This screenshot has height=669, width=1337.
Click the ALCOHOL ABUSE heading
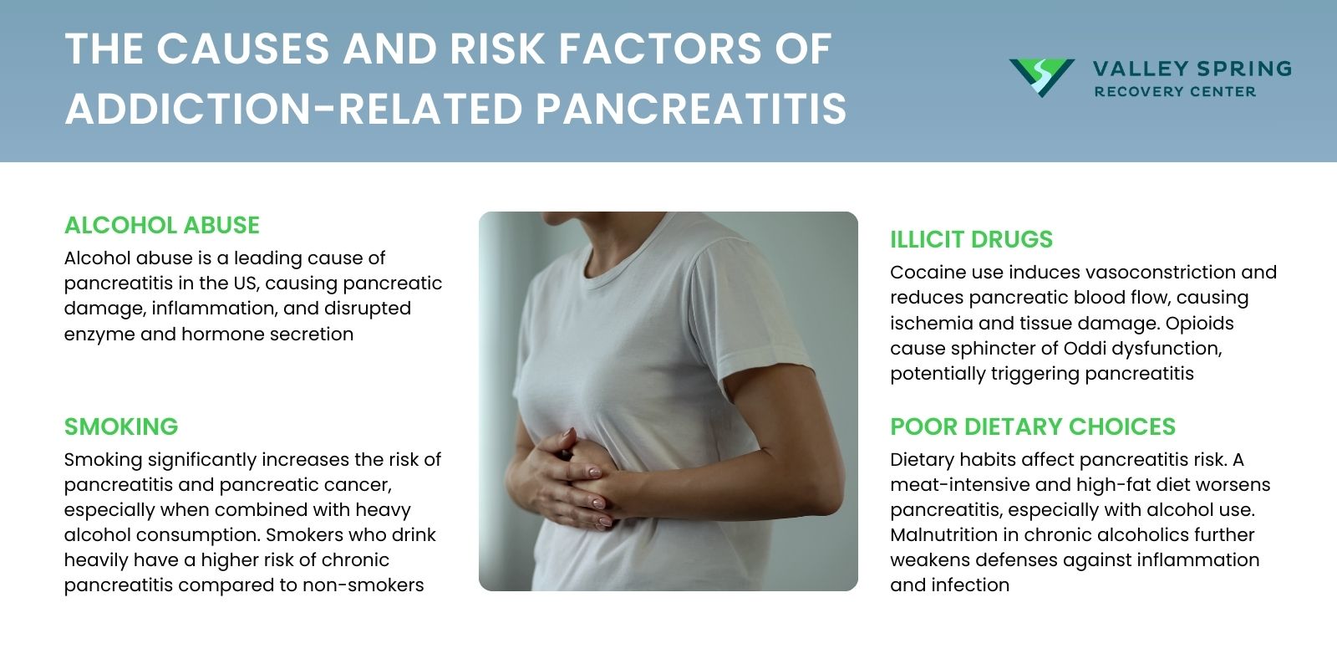(162, 225)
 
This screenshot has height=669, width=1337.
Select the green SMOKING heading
(121, 426)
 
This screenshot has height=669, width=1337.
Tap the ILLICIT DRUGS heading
(971, 239)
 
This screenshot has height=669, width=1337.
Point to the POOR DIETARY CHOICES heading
(1032, 426)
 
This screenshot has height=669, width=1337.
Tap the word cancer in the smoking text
(359, 485)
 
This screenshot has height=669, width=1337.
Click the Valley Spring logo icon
(1041, 78)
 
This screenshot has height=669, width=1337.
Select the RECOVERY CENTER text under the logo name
(1175, 91)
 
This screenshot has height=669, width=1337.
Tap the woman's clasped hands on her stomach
(568, 477)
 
